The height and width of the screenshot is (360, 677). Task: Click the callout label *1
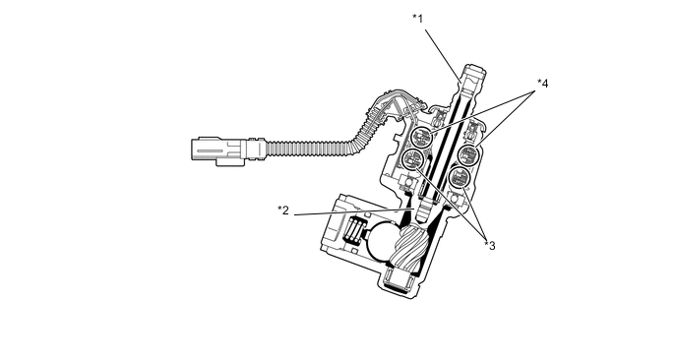[418, 19]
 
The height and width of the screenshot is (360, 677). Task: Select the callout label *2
[283, 210]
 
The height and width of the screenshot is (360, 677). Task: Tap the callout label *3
[490, 245]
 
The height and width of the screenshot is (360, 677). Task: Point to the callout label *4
[543, 84]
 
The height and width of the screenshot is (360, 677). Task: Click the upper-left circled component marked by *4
[421, 138]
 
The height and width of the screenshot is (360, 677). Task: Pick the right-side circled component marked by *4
[468, 154]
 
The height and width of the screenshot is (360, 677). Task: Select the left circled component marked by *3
[411, 159]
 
